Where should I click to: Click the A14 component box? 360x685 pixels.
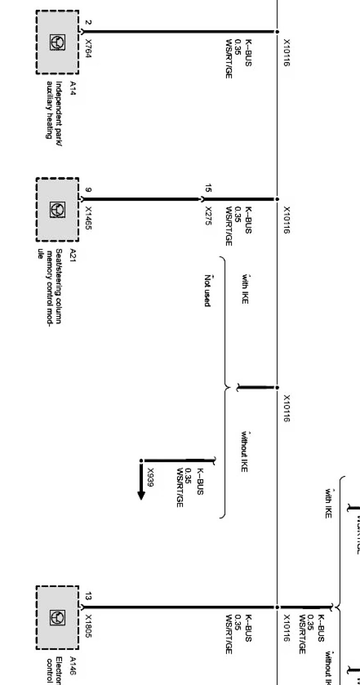pos(57,42)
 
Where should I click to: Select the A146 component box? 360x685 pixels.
pos(57,617)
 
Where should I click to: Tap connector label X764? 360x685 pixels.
pos(88,48)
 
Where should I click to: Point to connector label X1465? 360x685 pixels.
pos(88,218)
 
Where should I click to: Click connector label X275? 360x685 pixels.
pos(208,216)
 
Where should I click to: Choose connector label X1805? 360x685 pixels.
pos(88,624)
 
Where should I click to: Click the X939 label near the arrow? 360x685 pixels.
pos(150,477)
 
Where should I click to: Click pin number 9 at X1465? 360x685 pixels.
pos(88,189)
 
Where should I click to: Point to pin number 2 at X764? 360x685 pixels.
pos(88,22)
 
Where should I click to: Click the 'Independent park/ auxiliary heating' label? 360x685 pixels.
pos(54,110)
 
